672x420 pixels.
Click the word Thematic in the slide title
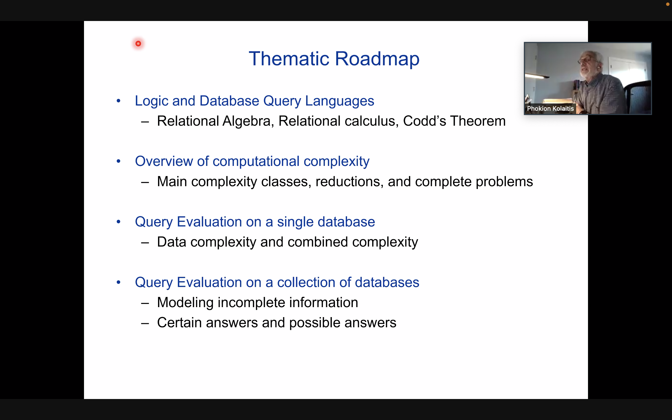click(289, 59)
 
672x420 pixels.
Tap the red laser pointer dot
click(138, 44)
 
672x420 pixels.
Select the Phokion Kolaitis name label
click(550, 109)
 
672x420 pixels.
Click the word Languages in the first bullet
click(340, 101)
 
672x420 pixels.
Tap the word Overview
click(164, 161)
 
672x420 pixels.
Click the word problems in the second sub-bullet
click(504, 182)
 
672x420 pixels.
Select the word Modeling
click(185, 303)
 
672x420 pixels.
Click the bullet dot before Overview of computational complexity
click(119, 161)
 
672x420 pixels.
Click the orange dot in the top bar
click(668, 4)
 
